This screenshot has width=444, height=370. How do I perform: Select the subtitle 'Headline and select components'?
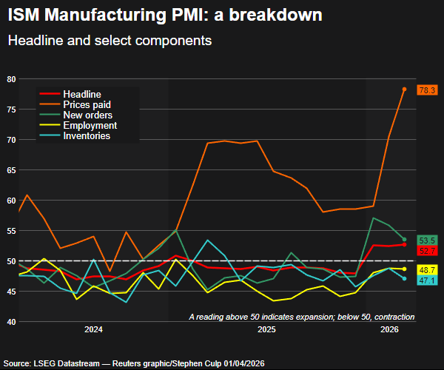(x=110, y=41)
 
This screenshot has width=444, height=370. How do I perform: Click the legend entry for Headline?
(x=82, y=95)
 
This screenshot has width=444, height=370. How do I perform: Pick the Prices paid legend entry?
(x=87, y=105)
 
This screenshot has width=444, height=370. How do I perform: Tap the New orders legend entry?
(x=87, y=115)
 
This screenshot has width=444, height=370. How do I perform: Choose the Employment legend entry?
(x=88, y=126)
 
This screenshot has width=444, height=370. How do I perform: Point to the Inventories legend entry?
(x=87, y=136)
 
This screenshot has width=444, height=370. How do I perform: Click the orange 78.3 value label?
(x=427, y=90)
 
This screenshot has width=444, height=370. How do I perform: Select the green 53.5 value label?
(x=427, y=240)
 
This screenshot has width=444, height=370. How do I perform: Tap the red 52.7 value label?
(x=427, y=252)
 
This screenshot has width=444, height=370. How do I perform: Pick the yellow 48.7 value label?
(x=427, y=270)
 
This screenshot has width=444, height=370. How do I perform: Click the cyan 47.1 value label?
(x=427, y=280)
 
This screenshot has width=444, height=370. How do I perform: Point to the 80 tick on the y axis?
(x=11, y=79)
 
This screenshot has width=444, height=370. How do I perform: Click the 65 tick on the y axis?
(x=11, y=170)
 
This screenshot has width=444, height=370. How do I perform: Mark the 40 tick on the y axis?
(x=11, y=322)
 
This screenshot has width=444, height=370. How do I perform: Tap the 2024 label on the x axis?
(x=93, y=329)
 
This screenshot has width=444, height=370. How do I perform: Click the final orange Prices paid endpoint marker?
(x=404, y=89)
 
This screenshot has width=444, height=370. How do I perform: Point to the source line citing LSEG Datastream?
(x=135, y=363)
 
